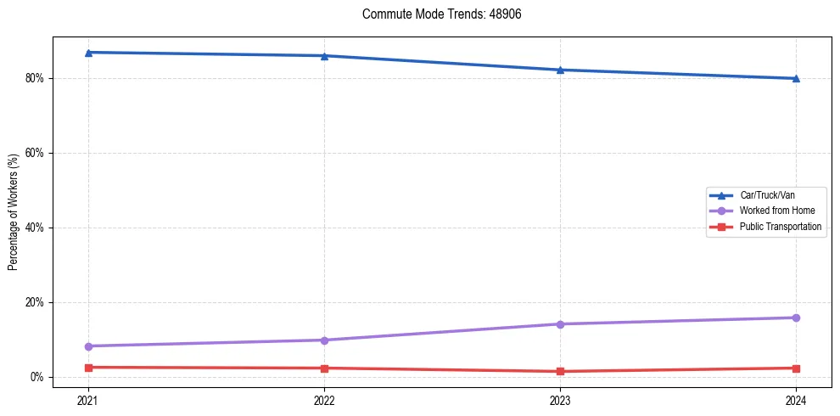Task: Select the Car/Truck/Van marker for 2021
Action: pos(88,53)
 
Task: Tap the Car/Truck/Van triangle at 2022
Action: pos(324,56)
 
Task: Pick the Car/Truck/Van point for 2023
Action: pos(560,70)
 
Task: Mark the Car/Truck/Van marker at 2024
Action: pos(796,78)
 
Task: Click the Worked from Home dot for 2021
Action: pos(88,346)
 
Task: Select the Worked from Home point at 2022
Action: pos(324,340)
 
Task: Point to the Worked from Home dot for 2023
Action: pos(560,324)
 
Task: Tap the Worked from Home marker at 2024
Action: pos(796,318)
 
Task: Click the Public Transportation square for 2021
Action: pos(88,368)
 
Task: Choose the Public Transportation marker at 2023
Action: pos(560,371)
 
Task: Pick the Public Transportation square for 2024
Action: pos(796,368)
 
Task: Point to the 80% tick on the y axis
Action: pos(35,78)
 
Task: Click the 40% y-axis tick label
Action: pos(35,228)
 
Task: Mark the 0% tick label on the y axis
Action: pos(37,377)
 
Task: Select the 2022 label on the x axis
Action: pos(324,400)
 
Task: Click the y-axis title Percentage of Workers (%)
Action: pos(14,212)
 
